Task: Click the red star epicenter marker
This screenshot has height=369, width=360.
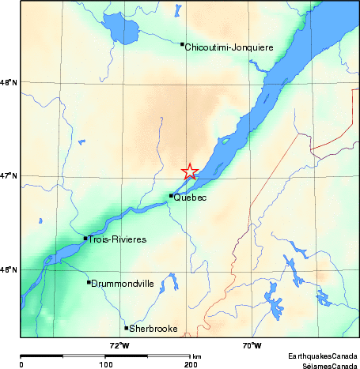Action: pos(190,171)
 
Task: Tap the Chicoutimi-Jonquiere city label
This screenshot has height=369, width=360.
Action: pos(229,47)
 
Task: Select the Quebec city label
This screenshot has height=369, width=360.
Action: pos(191,198)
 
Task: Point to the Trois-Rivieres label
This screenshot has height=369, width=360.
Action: pos(118,239)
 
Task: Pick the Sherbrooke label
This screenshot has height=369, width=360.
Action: pos(153,329)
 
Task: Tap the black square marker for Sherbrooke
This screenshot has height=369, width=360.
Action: pos(127,328)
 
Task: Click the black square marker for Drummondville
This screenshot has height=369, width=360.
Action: pos(89,282)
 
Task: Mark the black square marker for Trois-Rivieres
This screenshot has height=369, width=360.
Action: pos(85,238)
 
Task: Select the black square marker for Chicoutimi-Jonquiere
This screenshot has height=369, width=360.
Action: pos(183,44)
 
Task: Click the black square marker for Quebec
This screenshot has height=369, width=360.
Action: pos(171,196)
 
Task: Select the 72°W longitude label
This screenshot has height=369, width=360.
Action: pos(119,345)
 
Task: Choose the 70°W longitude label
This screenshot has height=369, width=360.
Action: pos(252,345)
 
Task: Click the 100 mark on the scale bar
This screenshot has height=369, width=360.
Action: pos(105,364)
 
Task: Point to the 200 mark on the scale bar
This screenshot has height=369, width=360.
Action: pos(190,364)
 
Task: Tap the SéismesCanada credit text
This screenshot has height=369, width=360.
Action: pos(325,365)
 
